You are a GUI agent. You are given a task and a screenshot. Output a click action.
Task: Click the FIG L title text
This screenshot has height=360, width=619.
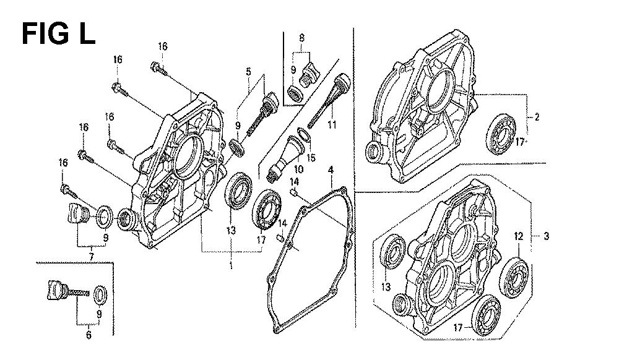click(x=58, y=34)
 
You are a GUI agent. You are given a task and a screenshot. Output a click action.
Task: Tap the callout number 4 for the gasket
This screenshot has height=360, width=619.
click(x=331, y=170)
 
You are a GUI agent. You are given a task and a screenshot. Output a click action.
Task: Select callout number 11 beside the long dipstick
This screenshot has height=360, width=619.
click(x=332, y=124)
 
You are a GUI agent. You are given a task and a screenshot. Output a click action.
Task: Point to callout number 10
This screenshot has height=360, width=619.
click(x=298, y=169)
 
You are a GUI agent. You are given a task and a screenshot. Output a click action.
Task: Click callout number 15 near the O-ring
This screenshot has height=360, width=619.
click(x=311, y=158)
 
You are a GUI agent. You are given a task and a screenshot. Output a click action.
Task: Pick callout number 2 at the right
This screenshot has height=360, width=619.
click(x=537, y=117)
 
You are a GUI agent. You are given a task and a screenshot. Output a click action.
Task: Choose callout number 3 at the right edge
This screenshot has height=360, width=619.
click(x=547, y=236)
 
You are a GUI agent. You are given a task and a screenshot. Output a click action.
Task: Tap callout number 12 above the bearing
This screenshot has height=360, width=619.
click(x=518, y=236)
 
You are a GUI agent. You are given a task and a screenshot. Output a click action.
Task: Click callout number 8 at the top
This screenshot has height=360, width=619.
click(x=302, y=38)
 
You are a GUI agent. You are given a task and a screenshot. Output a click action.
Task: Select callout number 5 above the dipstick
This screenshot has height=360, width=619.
click(x=248, y=71)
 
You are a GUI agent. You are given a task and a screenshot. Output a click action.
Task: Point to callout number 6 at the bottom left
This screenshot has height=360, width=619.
click(x=89, y=335)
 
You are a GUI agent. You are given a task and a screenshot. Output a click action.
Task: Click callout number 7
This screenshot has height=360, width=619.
click(x=91, y=257)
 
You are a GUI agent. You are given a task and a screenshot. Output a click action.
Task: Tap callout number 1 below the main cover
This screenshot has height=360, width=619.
click(x=231, y=265)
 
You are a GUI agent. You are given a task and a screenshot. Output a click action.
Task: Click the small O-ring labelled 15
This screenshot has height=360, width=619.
click(x=303, y=135)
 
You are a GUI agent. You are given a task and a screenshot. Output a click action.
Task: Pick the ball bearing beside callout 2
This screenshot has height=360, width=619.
click(x=500, y=134)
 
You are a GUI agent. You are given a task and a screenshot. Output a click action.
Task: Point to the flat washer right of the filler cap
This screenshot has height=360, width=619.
click(x=105, y=216)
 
